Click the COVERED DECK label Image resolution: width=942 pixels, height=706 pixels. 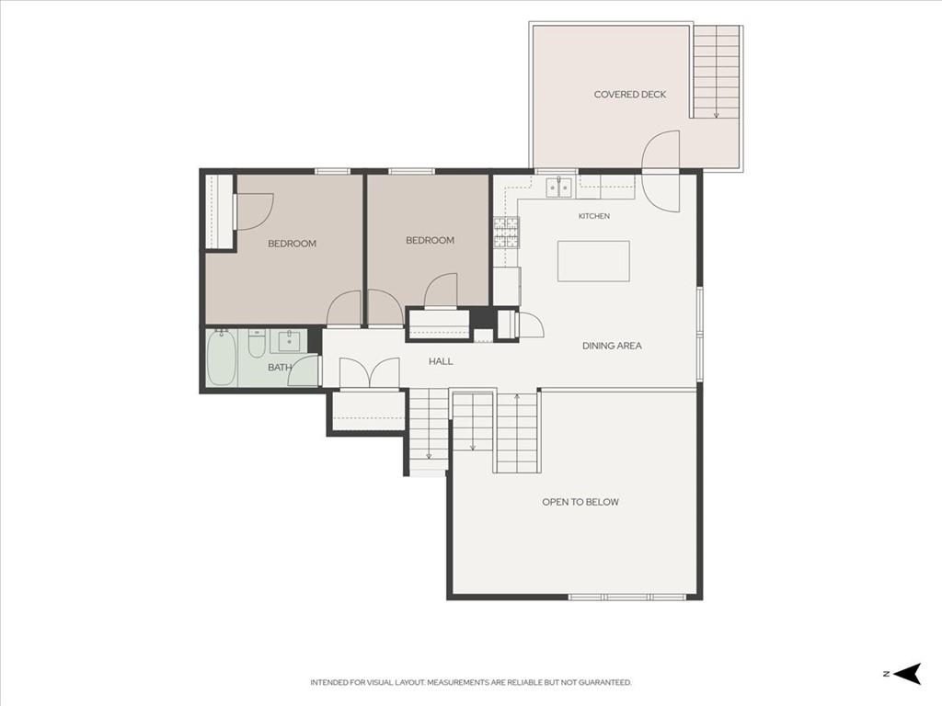click(x=629, y=95)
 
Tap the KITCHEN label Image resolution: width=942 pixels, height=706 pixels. click(x=594, y=216)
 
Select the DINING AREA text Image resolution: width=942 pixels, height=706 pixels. click(x=612, y=346)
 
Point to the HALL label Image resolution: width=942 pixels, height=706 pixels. click(x=441, y=361)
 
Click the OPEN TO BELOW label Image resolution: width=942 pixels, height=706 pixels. click(x=580, y=502)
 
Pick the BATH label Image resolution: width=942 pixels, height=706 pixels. click(x=280, y=368)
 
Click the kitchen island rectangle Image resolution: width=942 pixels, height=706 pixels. click(x=593, y=261)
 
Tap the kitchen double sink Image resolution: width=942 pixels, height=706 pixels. click(x=559, y=188)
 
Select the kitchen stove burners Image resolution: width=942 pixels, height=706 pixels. click(x=506, y=233)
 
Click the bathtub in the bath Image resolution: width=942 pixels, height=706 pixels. click(x=221, y=358)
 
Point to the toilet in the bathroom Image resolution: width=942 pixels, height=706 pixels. click(x=258, y=342)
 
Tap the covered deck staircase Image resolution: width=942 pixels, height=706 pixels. click(x=716, y=72)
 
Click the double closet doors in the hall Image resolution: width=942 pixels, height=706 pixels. click(x=370, y=373)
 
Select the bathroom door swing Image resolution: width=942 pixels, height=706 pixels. click(x=304, y=370)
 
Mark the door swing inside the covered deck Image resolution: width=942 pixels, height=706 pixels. click(x=661, y=150)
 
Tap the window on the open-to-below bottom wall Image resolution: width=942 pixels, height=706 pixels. click(x=627, y=597)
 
